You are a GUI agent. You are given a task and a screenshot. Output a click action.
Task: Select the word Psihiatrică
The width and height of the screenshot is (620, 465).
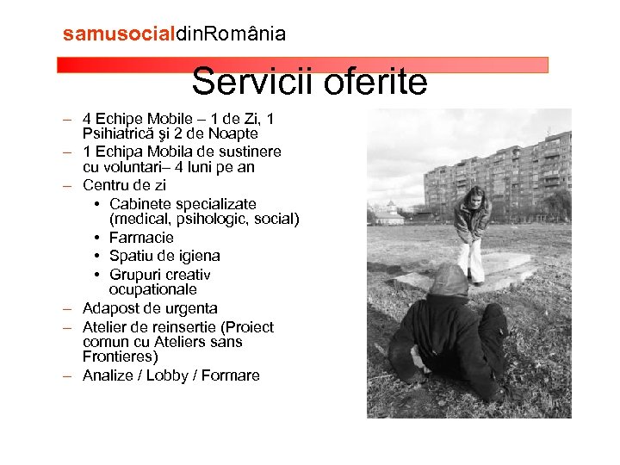click(120, 133)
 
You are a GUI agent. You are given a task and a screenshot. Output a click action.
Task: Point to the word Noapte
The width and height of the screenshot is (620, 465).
click(233, 133)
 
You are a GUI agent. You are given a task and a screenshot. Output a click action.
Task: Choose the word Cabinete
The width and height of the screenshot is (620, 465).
click(140, 204)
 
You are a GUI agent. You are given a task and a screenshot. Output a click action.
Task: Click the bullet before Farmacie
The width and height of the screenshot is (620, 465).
click(100, 238)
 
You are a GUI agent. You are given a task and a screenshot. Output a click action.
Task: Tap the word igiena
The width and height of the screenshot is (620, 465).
click(198, 256)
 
